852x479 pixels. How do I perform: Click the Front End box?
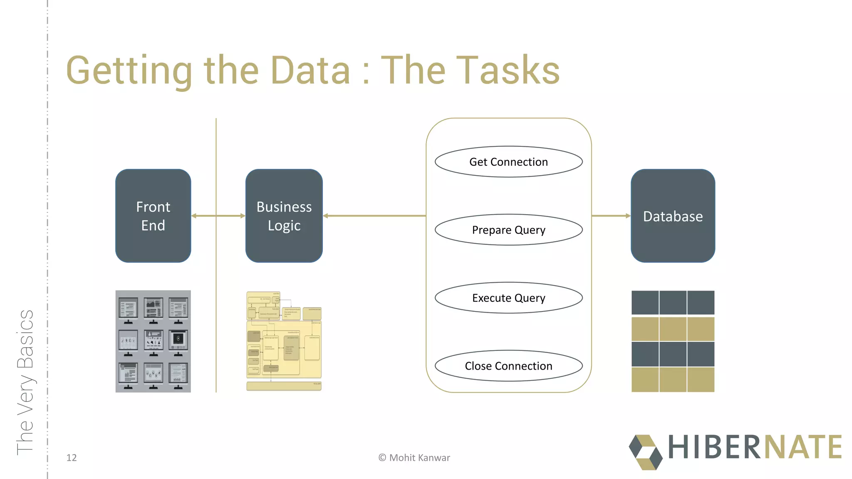pos(153,216)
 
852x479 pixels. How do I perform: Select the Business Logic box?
pos(284,216)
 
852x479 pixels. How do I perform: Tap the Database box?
pos(673,216)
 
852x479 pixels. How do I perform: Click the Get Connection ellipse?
pos(508,162)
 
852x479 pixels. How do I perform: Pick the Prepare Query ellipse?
pos(508,230)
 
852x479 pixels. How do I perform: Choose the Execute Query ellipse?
pos(508,298)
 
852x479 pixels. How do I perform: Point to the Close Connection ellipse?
pos(508,366)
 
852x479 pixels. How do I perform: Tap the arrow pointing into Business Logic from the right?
pos(374,216)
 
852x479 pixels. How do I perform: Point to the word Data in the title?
pos(310,71)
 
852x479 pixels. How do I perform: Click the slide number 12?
pos(72,458)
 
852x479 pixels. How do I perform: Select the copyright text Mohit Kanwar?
pos(414,458)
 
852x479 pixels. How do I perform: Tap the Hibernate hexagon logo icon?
pos(645,452)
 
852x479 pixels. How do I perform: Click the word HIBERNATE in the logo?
pos(755,447)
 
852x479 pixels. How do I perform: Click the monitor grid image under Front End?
pos(153,341)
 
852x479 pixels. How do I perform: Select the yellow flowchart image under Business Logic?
pos(284,341)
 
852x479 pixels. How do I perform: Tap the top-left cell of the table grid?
pos(645,303)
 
